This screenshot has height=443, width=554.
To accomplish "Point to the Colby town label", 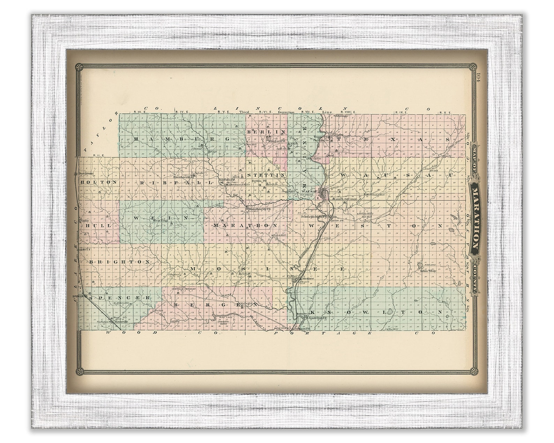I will click(x=85, y=221).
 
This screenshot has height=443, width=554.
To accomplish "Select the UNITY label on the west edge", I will click(x=85, y=249).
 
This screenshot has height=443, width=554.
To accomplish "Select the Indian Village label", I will click(x=428, y=270).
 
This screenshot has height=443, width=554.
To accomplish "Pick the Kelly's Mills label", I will click(x=366, y=213).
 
